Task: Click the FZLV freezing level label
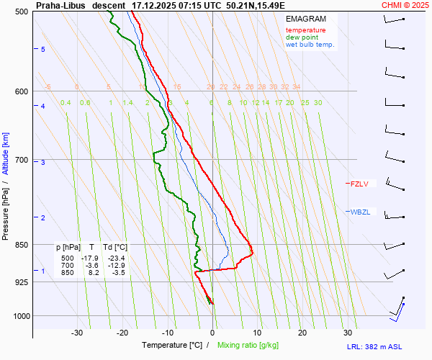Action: tap(360, 184)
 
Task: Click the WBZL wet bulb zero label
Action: tap(361, 211)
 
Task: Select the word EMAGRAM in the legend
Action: tap(305, 19)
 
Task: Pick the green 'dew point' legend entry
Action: tap(302, 37)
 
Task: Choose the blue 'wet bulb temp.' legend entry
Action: tap(310, 45)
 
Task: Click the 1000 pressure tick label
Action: tap(20, 316)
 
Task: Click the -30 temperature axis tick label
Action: tap(77, 333)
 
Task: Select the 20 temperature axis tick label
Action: tap(302, 333)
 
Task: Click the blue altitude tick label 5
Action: tap(43, 49)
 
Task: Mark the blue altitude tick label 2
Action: tap(43, 217)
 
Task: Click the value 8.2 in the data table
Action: tap(94, 273)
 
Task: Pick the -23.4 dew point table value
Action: tap(117, 258)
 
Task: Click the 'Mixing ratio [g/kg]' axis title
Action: tap(248, 346)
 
